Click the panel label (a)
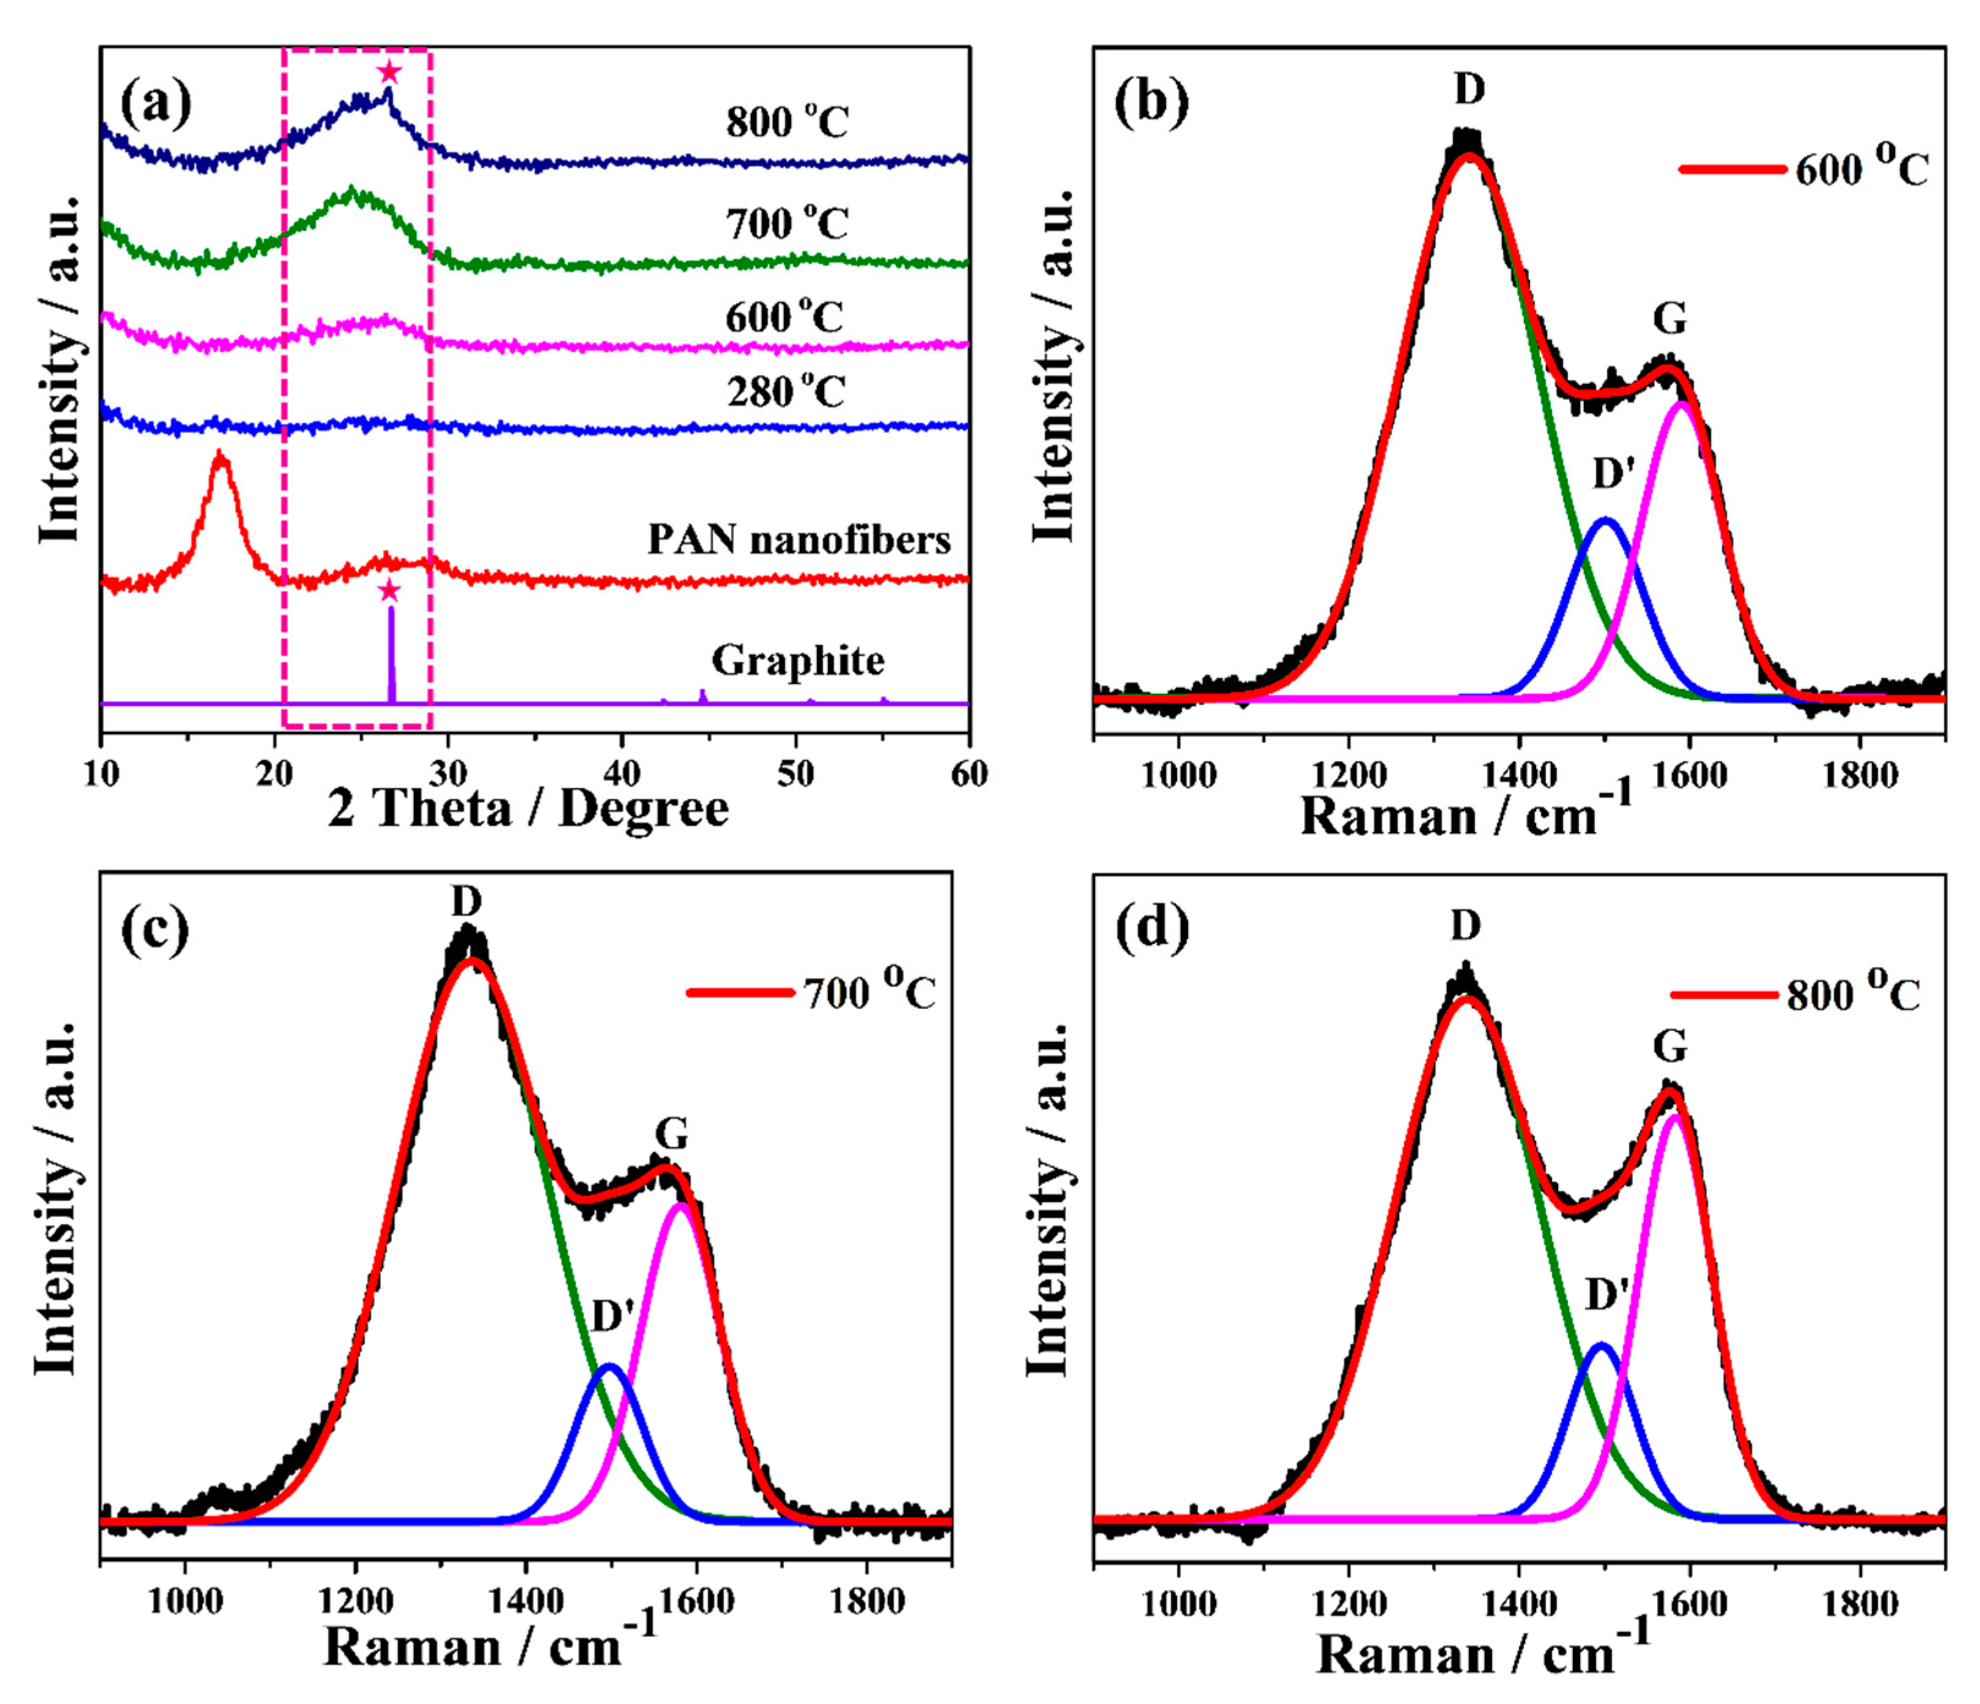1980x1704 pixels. pyautogui.click(x=156, y=103)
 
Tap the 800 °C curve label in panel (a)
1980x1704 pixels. pyautogui.click(x=786, y=123)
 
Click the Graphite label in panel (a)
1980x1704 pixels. pyautogui.click(x=798, y=660)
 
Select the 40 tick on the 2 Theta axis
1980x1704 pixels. pyautogui.click(x=622, y=774)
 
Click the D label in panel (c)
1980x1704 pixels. pyautogui.click(x=466, y=900)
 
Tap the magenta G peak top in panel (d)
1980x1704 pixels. pyautogui.click(x=1674, y=1115)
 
